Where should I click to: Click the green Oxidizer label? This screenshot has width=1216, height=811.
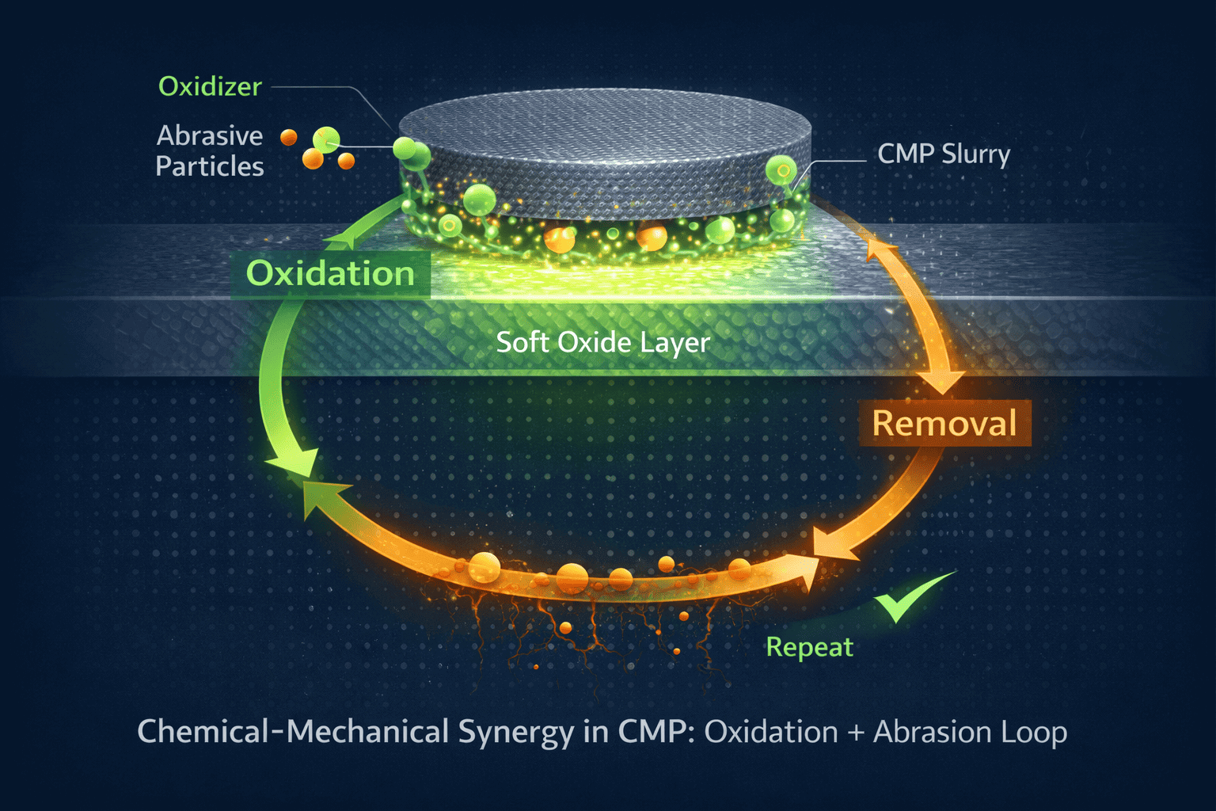210,86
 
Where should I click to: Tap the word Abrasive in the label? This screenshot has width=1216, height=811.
210,136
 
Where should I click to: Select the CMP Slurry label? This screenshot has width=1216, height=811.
944,154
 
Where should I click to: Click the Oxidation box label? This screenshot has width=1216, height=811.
330,274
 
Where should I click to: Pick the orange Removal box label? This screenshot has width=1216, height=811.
944,424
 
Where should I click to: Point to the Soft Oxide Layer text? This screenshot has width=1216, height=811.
602,342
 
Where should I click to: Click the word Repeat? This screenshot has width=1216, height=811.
809,647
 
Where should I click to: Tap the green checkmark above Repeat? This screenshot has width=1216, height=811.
910,600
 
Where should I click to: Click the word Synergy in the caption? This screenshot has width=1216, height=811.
515,733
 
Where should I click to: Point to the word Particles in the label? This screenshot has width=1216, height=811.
210,166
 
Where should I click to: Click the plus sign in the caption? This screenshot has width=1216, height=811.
855,733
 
